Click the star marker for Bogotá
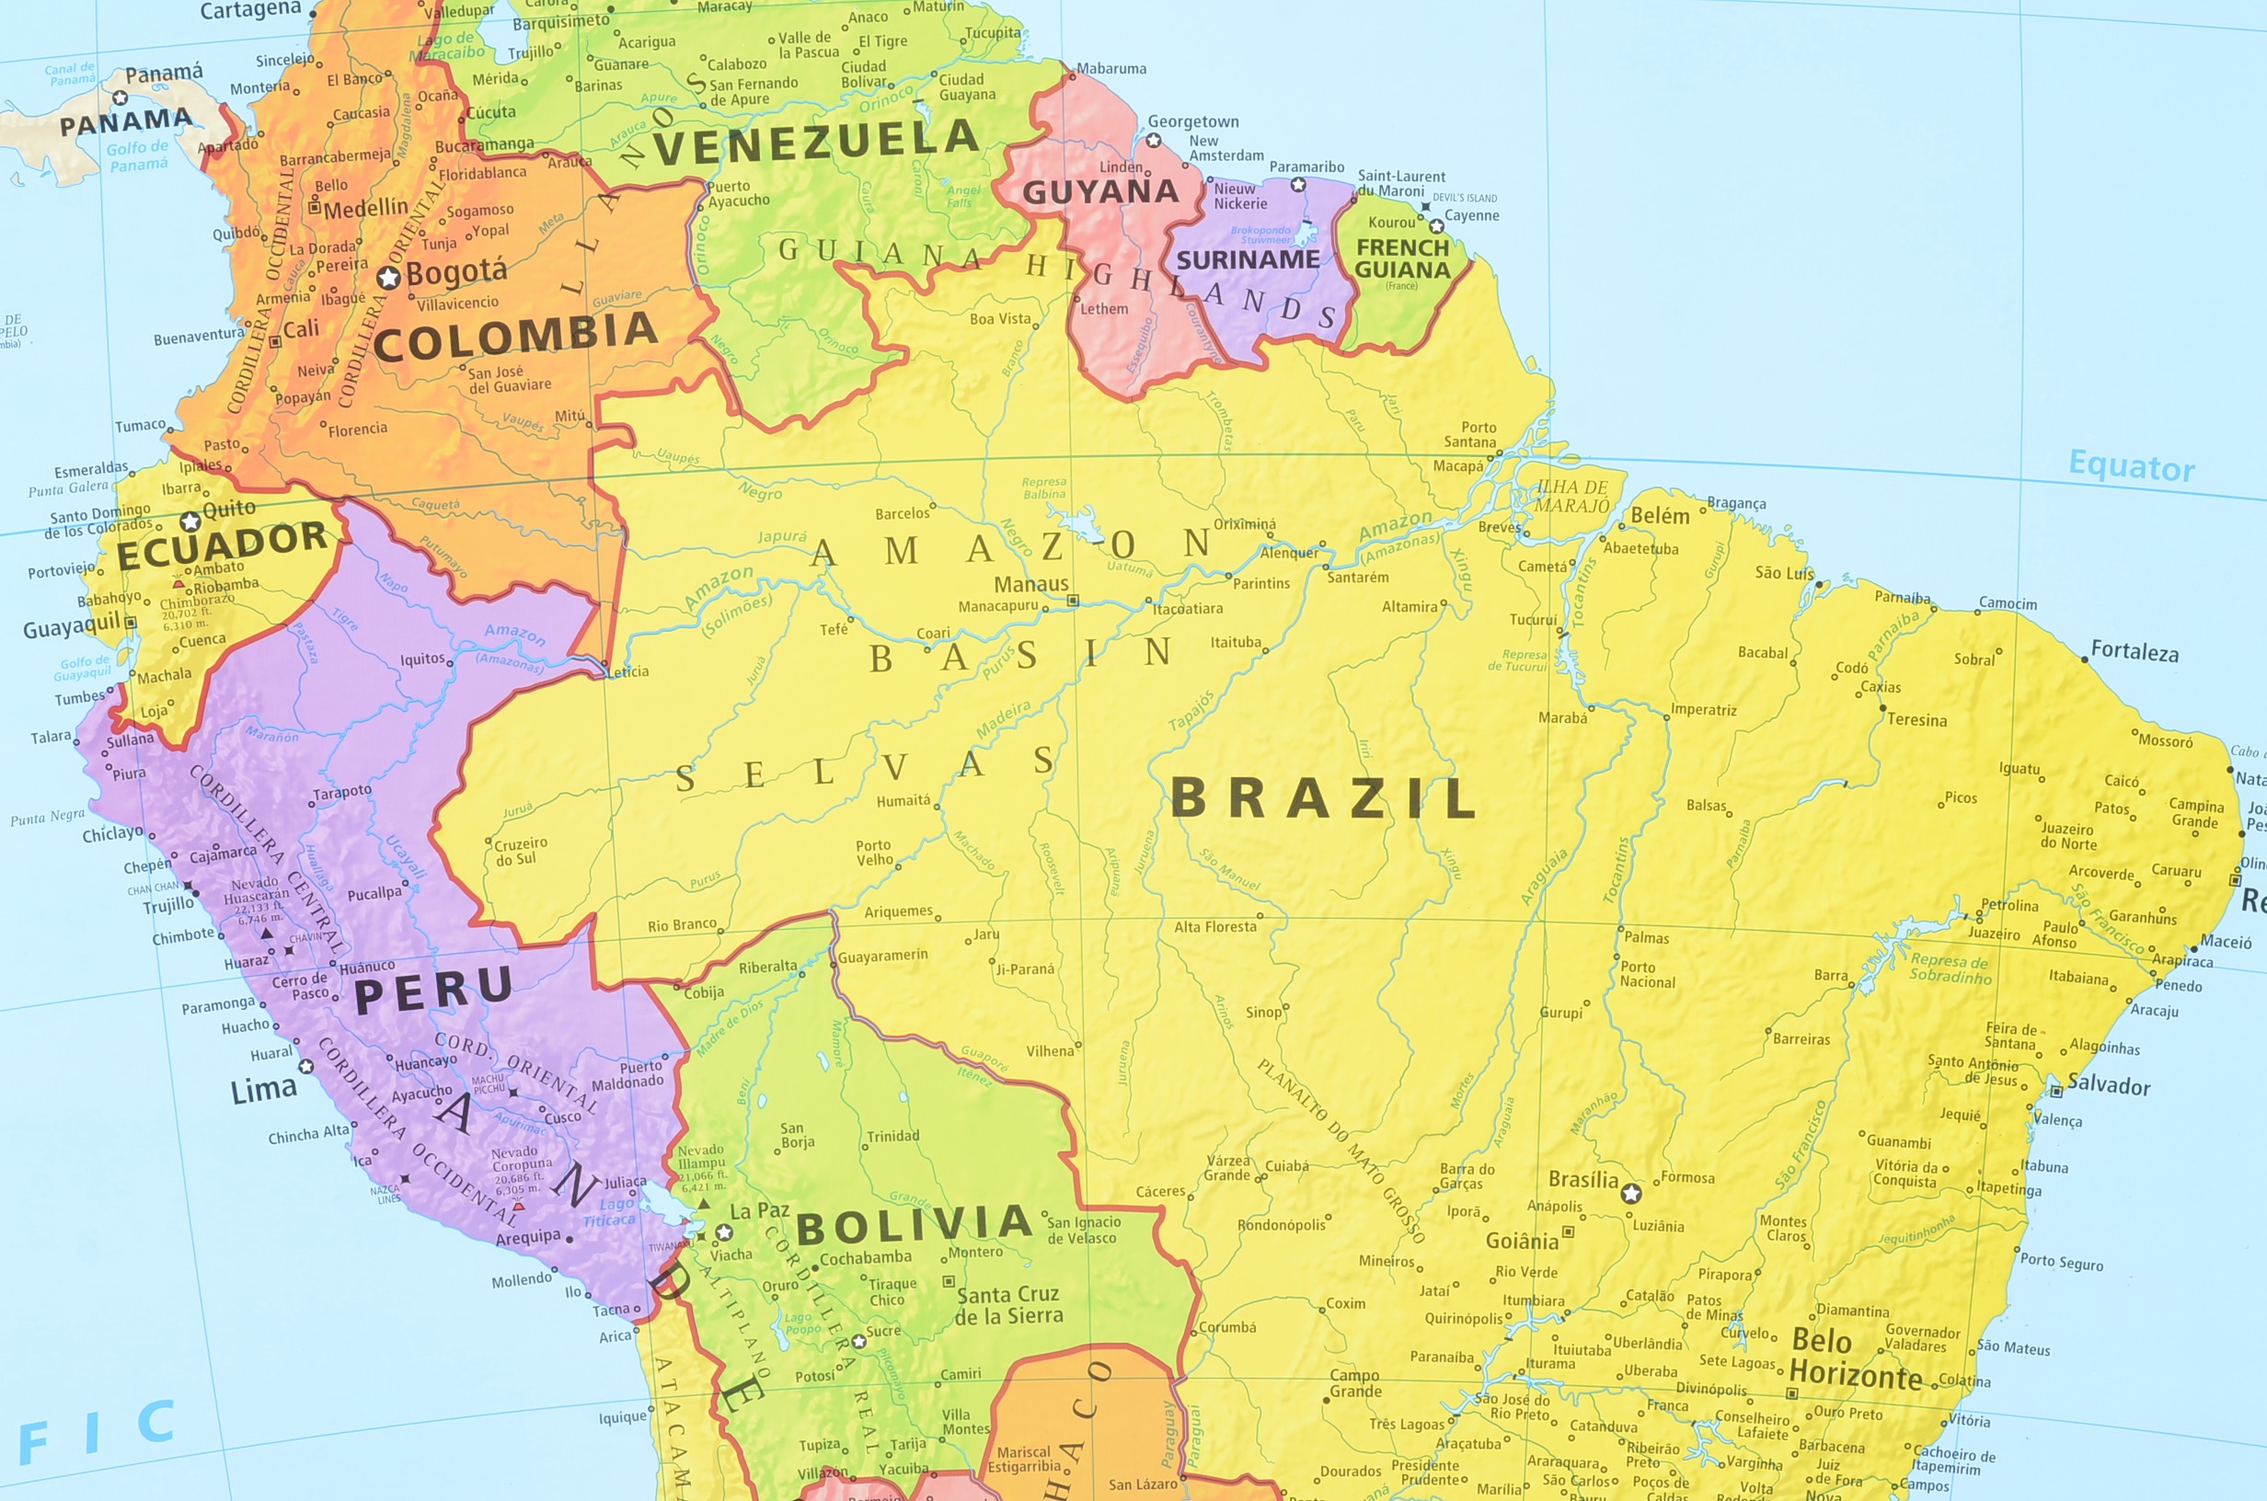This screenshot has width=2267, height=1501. (x=387, y=278)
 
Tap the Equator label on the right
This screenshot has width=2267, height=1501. (x=2131, y=466)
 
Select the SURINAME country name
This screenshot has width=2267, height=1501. (x=1248, y=259)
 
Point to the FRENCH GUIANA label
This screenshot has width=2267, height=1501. (x=1401, y=258)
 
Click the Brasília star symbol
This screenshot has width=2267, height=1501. (x=1631, y=1193)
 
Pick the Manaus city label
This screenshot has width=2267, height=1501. (x=1030, y=583)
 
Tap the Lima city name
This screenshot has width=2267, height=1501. (x=263, y=1089)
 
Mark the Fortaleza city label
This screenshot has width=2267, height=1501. (x=2134, y=651)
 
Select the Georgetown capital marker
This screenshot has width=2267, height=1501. (x=1154, y=141)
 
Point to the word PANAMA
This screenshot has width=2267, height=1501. (x=125, y=121)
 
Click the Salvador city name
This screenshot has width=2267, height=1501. (x=2108, y=1084)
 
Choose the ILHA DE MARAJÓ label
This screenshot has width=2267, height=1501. (x=1573, y=496)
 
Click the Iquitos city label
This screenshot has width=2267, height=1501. (x=422, y=659)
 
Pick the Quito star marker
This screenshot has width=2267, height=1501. (x=190, y=521)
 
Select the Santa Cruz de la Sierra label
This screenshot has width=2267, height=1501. (x=1008, y=1305)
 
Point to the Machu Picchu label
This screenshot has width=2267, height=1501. (x=489, y=1083)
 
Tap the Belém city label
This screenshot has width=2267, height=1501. (x=1659, y=515)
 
